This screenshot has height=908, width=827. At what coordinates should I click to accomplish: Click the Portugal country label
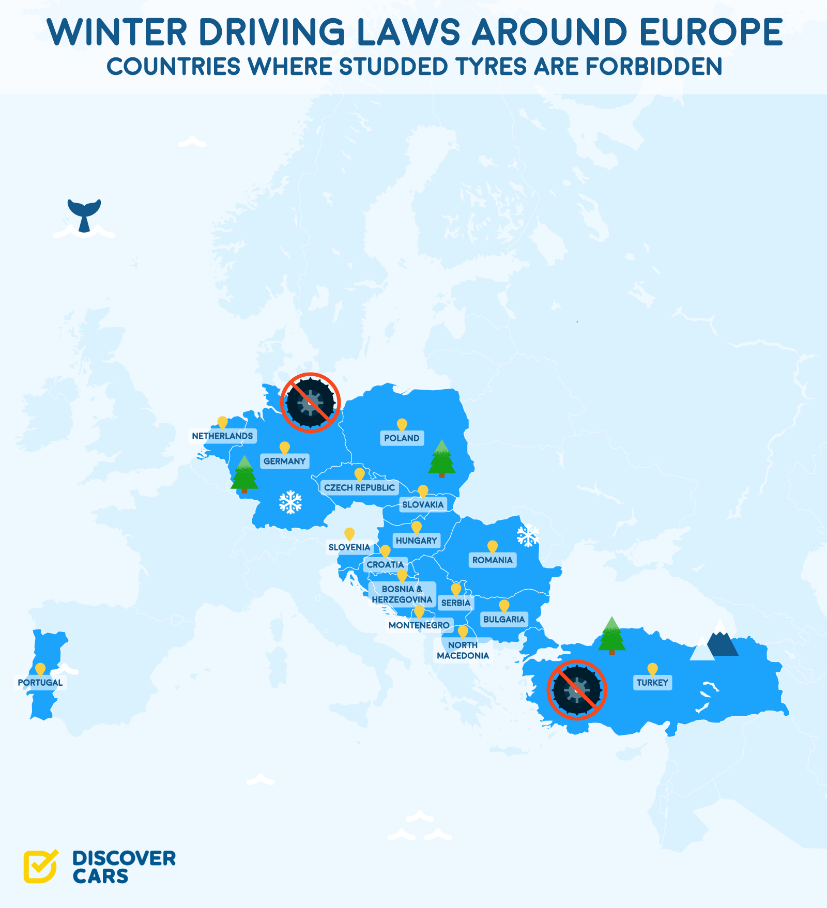point(40,683)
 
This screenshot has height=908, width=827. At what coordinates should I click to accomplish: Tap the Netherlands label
point(222,436)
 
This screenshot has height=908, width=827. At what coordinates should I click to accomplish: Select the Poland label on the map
point(402,438)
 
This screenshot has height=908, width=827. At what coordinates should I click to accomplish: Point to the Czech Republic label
point(359,488)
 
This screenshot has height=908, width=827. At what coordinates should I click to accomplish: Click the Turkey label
point(652,683)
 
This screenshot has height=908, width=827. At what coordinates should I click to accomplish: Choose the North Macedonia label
point(463,651)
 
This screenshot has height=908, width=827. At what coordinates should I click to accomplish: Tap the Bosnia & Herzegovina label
point(402,594)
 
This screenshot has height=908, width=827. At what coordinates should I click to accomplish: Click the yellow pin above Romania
point(493,547)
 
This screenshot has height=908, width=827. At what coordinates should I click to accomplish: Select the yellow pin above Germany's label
point(284,448)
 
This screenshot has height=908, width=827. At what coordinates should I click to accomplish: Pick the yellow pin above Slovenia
point(349,534)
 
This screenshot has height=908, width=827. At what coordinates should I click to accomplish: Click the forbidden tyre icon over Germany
point(310,403)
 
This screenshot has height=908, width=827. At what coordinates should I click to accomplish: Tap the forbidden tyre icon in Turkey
point(577,690)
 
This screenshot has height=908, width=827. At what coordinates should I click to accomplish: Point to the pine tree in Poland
point(441,458)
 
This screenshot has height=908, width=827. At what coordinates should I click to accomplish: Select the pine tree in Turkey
point(612,635)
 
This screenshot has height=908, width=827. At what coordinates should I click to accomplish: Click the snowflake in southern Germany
point(290,502)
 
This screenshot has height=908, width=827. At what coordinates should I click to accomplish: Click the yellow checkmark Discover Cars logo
point(40,866)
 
